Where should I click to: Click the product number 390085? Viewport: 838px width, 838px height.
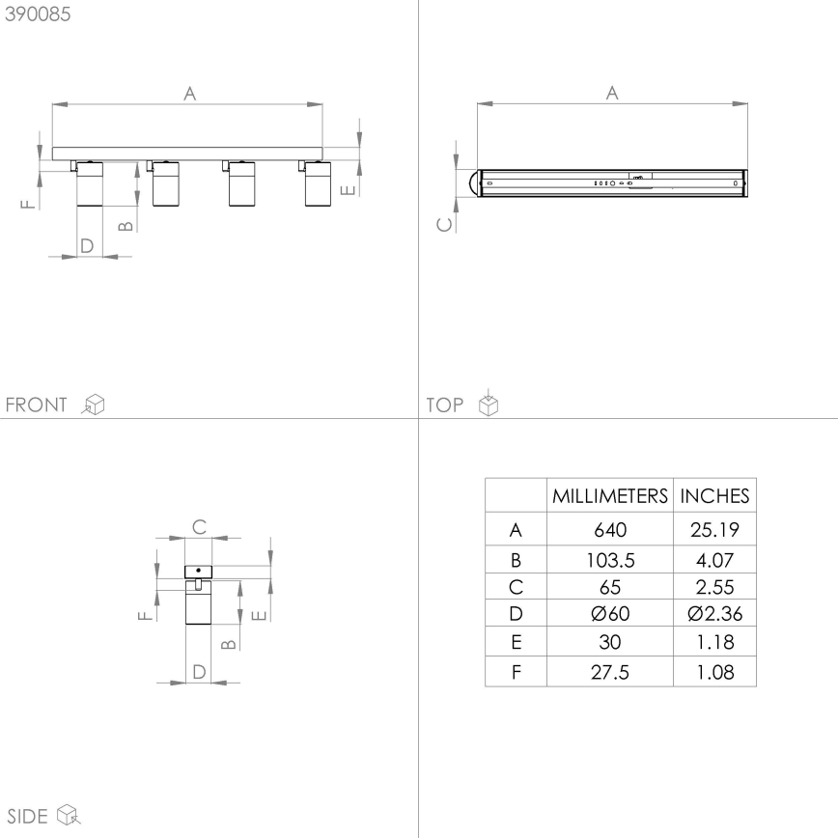coord(38,14)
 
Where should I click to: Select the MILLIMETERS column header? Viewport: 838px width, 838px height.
coord(610,496)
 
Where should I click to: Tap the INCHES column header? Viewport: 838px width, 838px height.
coord(714,496)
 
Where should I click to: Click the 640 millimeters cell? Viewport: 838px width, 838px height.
coord(610,530)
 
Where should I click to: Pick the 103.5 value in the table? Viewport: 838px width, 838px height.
coord(610,558)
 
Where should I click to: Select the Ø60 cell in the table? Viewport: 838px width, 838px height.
coord(610,614)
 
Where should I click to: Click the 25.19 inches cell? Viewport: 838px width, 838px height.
coord(714,530)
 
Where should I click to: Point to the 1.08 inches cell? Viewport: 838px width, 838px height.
coord(714,672)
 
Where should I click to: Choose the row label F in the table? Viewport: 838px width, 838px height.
coord(516,672)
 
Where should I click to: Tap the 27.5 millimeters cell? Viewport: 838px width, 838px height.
coord(610,672)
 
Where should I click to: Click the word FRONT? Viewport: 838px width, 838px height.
coord(37,405)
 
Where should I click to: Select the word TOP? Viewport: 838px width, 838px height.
coord(444,405)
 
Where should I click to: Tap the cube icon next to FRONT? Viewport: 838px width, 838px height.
coord(94,405)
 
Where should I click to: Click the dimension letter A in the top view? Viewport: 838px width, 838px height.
coord(611,93)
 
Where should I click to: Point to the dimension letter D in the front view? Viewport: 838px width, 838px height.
coord(87,245)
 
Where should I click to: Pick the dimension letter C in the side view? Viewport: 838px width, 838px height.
coord(199,527)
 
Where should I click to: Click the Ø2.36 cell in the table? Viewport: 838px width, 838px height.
coord(714,614)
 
